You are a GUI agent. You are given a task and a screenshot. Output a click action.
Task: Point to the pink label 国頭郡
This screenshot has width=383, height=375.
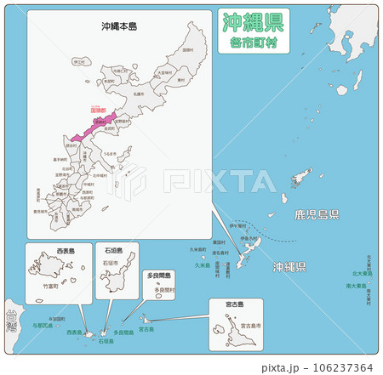[99, 111]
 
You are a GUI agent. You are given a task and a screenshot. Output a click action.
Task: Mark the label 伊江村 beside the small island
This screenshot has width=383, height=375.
[79, 62]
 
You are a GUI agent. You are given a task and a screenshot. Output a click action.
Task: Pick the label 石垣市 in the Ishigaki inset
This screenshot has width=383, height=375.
[110, 264]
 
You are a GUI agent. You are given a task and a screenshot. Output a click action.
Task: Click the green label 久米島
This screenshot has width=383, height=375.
[201, 265]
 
